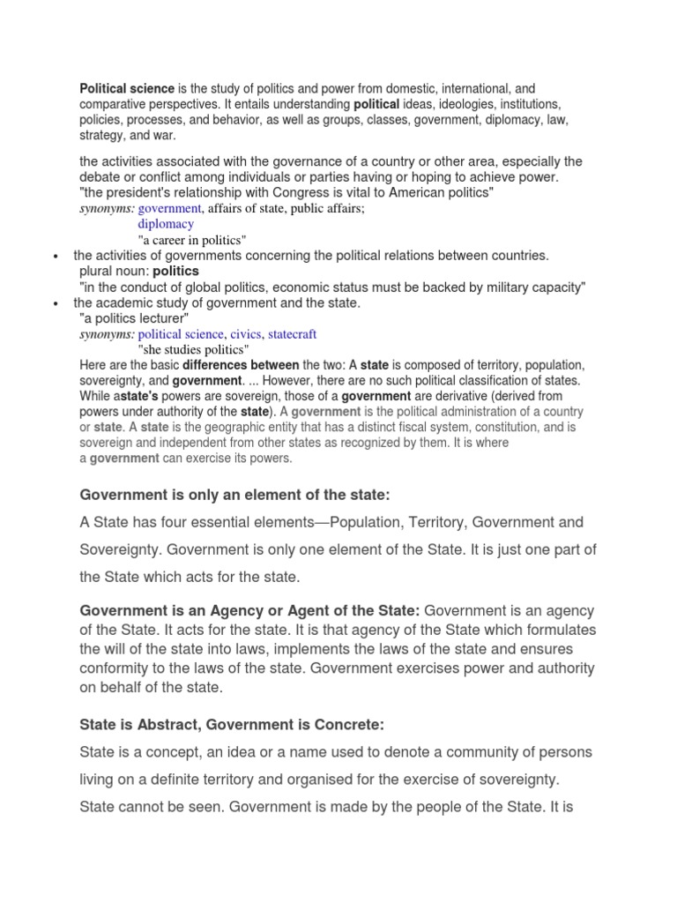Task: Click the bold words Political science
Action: point(127,89)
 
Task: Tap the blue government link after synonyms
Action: point(170,208)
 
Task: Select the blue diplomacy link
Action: point(166,224)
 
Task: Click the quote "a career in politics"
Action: point(192,240)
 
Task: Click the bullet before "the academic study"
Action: point(56,304)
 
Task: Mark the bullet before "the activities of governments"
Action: point(56,257)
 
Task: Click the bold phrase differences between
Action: point(241,365)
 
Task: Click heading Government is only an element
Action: point(234,494)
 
